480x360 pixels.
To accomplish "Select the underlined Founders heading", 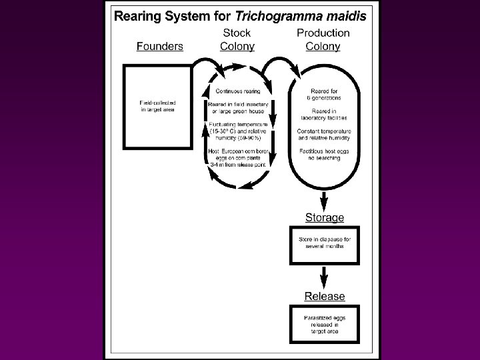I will tap(160, 46).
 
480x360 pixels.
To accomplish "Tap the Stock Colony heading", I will tap(237, 39).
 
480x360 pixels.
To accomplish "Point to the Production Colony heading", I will tap(323, 39).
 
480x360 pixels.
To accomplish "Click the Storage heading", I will tap(325, 217).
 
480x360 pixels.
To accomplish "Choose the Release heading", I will tap(325, 296).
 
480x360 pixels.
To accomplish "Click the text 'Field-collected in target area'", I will tap(157, 106).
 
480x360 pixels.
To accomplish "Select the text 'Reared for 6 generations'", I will tap(325, 94).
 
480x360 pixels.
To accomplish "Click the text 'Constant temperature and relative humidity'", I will tap(325, 135).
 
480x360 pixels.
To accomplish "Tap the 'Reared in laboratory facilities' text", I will tap(325, 114).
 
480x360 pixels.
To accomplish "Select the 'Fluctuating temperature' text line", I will tap(238, 125).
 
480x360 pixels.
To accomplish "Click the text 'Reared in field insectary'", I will tap(238, 104).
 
